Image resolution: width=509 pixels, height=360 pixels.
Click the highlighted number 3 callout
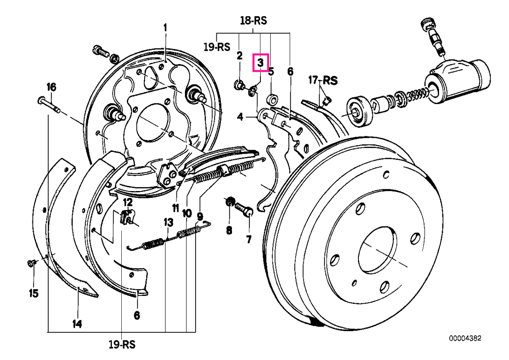coord(260,62)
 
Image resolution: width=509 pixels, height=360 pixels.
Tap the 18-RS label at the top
coord(253,21)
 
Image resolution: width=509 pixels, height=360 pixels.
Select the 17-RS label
coord(323,81)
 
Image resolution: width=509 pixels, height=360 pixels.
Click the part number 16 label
coord(51,87)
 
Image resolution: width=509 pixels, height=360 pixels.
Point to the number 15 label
coord(34,293)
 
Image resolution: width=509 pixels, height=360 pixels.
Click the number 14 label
coord(77,323)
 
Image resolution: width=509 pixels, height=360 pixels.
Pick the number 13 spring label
coord(168,222)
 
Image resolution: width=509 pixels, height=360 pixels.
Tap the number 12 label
coord(128,202)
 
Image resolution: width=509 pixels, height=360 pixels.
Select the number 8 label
coord(229,231)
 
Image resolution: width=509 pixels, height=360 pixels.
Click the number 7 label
coord(249,239)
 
